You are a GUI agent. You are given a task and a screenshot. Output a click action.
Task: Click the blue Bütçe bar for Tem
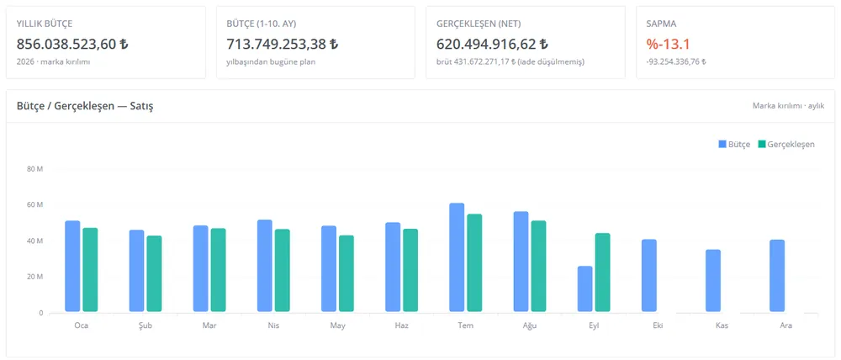(x=457, y=257)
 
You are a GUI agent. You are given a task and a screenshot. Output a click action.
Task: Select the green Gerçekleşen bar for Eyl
(x=603, y=273)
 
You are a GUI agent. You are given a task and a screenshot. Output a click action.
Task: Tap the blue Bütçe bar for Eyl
(x=585, y=289)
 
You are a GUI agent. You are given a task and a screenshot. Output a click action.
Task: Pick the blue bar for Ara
(x=777, y=276)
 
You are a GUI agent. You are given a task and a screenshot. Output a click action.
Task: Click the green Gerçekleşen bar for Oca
(x=91, y=270)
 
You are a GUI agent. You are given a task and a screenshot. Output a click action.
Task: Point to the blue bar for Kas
(x=713, y=281)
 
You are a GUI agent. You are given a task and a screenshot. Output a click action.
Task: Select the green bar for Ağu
(x=538, y=266)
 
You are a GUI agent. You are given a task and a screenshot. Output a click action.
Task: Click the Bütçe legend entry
(x=734, y=145)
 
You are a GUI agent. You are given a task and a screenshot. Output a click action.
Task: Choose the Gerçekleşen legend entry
(x=786, y=145)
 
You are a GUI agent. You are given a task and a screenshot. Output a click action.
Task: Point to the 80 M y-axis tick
(x=34, y=169)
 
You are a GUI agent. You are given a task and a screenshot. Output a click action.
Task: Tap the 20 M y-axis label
(x=34, y=277)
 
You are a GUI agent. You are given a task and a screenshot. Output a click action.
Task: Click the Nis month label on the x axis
(x=273, y=326)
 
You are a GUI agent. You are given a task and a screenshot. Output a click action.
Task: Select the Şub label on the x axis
(x=145, y=326)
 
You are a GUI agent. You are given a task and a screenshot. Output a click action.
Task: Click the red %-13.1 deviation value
(x=669, y=44)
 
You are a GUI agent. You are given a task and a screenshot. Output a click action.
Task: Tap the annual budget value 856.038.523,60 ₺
(x=72, y=44)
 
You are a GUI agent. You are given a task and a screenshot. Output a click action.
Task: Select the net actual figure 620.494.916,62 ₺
(x=492, y=44)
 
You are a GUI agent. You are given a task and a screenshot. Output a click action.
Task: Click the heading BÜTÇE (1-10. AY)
(x=262, y=24)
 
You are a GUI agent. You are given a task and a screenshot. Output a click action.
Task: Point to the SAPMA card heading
(x=660, y=24)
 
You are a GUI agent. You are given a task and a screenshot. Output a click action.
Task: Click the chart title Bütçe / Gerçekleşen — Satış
(x=85, y=106)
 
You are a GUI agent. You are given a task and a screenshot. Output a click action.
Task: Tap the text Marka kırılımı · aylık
(x=789, y=106)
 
